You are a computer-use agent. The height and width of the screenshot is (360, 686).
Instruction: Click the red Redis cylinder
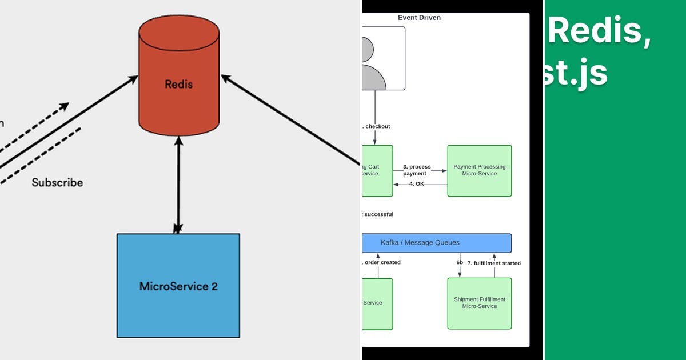click(x=178, y=84)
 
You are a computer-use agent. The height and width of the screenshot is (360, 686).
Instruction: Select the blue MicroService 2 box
click(x=178, y=285)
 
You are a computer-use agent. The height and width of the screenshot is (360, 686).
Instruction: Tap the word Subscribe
click(x=57, y=183)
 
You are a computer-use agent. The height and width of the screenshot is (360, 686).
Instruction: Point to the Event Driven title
click(x=419, y=18)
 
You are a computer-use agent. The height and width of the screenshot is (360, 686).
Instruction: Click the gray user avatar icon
click(x=374, y=63)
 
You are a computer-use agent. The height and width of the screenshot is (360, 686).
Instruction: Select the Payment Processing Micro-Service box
click(x=479, y=170)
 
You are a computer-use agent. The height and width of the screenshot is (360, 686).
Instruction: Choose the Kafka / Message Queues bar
click(x=437, y=243)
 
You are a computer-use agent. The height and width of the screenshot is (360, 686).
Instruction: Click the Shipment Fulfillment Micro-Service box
click(x=479, y=303)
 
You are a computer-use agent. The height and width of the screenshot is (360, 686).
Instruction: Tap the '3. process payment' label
click(x=417, y=170)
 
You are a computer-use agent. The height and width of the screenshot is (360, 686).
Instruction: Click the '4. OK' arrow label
click(x=417, y=184)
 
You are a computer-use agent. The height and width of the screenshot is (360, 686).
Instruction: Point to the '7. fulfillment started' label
click(x=494, y=263)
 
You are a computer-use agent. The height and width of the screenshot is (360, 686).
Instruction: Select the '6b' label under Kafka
click(x=460, y=262)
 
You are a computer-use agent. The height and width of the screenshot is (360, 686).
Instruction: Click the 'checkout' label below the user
click(x=377, y=126)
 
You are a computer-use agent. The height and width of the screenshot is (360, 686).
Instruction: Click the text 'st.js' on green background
click(x=574, y=73)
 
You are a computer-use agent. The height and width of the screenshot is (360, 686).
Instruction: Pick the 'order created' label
click(x=382, y=263)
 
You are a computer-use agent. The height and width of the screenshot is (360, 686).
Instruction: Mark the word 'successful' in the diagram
click(x=378, y=214)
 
